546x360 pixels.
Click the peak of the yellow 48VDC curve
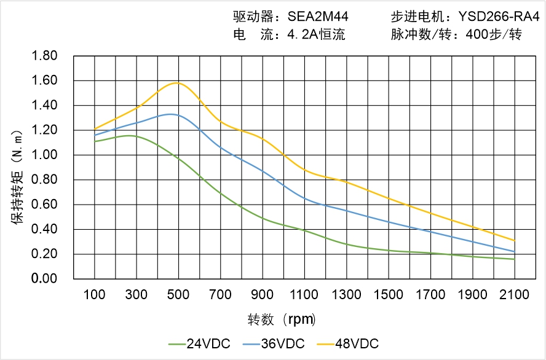(x=178, y=82)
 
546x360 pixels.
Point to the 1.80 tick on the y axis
(x=44, y=56)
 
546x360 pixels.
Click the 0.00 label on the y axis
(x=44, y=279)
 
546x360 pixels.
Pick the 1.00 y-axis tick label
(x=44, y=155)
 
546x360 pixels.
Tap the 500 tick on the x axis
(x=178, y=295)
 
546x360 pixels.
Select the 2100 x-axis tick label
(x=515, y=295)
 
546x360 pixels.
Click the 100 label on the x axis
(x=94, y=295)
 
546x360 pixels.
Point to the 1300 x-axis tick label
(x=346, y=295)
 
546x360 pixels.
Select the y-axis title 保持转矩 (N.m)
(x=18, y=176)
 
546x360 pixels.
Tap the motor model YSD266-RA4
(x=494, y=17)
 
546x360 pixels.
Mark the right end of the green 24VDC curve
(x=515, y=259)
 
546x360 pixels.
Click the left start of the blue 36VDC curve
(x=94, y=135)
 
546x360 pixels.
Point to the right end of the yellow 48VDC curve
(x=515, y=241)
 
